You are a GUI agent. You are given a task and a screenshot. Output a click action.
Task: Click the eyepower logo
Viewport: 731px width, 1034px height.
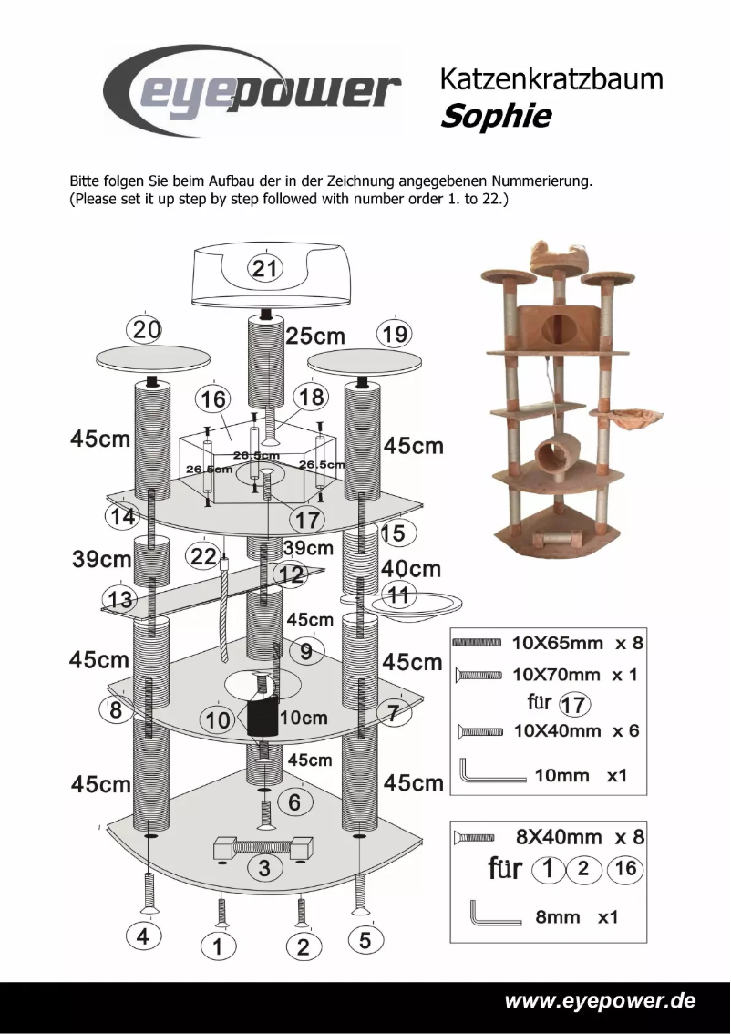252,92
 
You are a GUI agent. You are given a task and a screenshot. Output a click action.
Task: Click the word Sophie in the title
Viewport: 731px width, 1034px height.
495,117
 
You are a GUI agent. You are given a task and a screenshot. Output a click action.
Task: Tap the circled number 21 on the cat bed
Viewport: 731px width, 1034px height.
264,268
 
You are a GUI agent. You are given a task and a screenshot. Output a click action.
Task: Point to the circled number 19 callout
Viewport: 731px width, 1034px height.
395,335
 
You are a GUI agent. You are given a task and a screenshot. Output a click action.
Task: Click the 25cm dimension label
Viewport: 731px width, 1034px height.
315,336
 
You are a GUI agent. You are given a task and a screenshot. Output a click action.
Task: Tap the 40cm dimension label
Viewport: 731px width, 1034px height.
410,570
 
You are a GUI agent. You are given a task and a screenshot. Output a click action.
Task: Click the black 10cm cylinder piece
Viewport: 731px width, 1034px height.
262,719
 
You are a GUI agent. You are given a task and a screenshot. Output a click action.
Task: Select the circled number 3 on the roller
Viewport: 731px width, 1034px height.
264,867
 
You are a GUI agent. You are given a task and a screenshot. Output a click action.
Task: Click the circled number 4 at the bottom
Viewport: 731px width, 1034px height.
142,936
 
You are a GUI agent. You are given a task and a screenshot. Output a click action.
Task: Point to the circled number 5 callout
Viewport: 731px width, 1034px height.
365,940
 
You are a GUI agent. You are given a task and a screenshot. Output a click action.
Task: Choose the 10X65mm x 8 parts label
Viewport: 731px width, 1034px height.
577,643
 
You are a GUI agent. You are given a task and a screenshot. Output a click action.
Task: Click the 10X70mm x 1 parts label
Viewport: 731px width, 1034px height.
577,675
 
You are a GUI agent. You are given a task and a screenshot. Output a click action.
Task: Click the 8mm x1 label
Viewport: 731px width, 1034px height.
576,917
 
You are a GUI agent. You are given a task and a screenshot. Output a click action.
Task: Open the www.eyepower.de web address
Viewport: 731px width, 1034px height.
600,1000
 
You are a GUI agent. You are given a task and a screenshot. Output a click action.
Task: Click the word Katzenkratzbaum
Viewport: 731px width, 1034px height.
551,79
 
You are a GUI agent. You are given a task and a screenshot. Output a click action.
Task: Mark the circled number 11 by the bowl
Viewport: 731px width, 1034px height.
398,596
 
